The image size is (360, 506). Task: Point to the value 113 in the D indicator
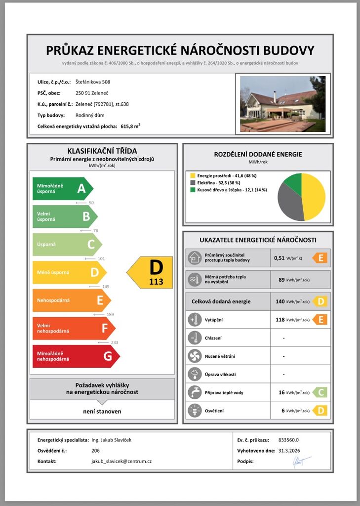156,282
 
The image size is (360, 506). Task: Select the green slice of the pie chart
293,182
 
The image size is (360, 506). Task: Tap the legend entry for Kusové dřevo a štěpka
232,190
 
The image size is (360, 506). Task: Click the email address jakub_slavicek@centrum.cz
121,461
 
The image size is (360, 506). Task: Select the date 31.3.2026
289,450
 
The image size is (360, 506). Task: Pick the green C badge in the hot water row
320,392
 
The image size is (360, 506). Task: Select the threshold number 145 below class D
105,287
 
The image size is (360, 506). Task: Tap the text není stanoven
102,411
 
